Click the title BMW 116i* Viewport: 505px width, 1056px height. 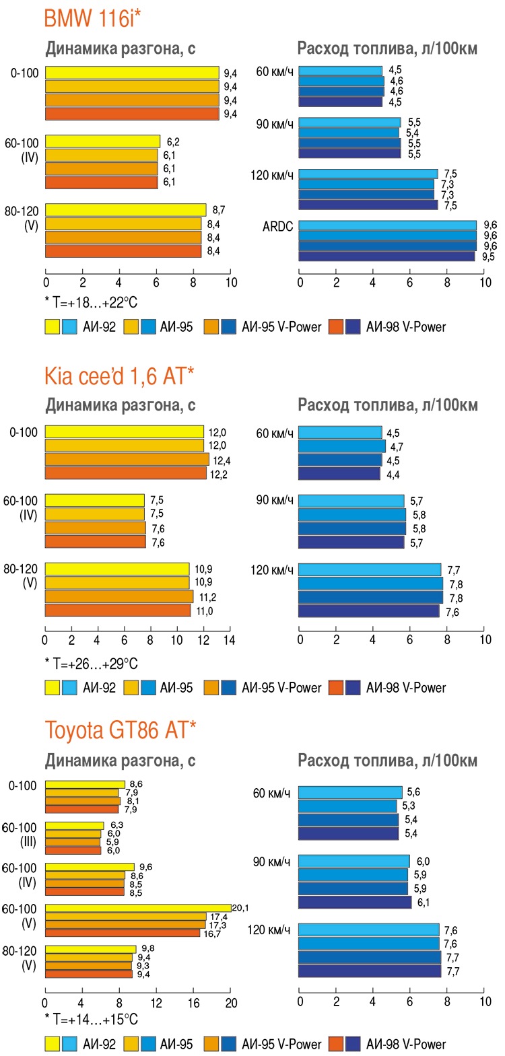tap(92, 17)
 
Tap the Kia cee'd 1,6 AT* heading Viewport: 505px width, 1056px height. tap(119, 376)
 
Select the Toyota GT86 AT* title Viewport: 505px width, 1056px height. tap(120, 730)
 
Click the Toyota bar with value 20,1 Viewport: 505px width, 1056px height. tap(137, 908)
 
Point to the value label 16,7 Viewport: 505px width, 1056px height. tap(212, 934)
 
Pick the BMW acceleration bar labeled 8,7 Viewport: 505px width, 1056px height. tap(125, 210)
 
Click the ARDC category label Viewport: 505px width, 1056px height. tap(277, 226)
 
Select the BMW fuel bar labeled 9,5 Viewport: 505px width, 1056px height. tap(386, 256)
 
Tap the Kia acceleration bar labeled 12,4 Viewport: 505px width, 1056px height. tap(127, 460)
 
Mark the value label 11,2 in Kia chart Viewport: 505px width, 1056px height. tap(207, 597)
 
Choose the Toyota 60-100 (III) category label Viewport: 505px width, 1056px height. tap(20, 835)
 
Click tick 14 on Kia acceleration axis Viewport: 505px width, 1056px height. tap(229, 640)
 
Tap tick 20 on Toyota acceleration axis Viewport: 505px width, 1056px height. tap(231, 1004)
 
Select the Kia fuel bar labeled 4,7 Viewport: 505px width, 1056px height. tap(341, 446)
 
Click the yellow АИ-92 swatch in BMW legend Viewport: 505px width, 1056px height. tap(53, 327)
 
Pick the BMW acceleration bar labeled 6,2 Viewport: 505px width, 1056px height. tap(102, 141)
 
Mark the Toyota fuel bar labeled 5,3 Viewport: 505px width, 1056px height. tap(347, 806)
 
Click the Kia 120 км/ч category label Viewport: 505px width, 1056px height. tap(272, 570)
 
